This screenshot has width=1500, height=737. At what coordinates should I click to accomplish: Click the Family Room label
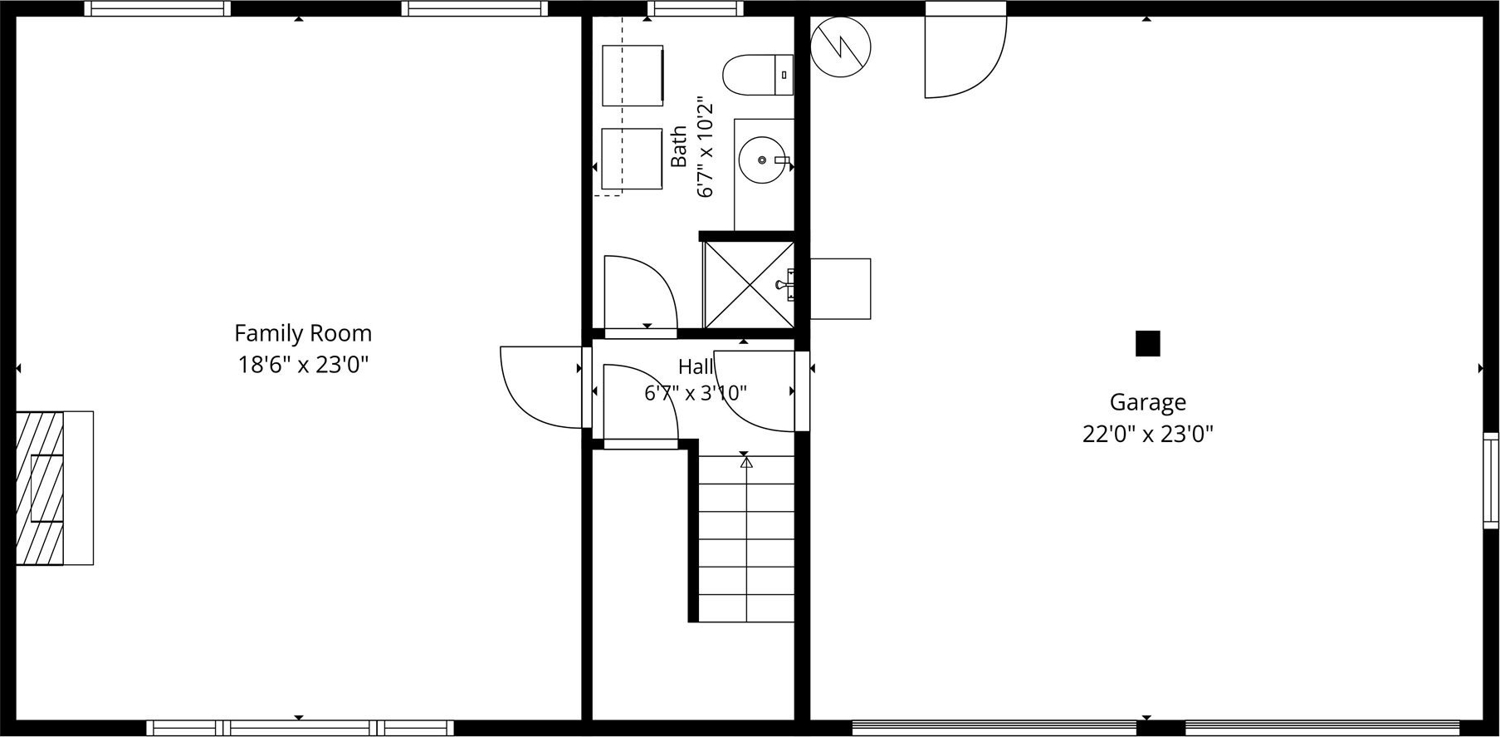click(303, 333)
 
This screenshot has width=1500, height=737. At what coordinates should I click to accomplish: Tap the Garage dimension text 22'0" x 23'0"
click(1147, 434)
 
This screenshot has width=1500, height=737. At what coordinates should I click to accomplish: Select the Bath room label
click(679, 146)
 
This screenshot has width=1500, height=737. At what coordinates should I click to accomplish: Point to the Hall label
click(696, 366)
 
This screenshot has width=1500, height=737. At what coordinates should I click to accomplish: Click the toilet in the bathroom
click(758, 76)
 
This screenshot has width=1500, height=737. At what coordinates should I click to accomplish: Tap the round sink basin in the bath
click(761, 160)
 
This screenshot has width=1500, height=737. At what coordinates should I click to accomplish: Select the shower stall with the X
click(749, 284)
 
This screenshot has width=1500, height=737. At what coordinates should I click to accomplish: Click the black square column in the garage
click(1147, 343)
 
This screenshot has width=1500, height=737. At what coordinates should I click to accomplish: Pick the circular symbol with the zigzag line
click(840, 47)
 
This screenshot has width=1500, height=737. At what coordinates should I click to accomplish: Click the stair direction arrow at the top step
click(746, 462)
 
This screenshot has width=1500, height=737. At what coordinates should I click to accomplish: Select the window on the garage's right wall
click(1491, 480)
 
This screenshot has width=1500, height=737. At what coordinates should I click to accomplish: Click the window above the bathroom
click(695, 8)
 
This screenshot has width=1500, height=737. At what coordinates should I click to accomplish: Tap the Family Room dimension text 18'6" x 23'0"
click(303, 365)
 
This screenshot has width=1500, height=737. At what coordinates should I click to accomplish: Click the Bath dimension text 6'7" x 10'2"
click(705, 147)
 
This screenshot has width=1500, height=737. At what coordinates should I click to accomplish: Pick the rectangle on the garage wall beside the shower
click(840, 288)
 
